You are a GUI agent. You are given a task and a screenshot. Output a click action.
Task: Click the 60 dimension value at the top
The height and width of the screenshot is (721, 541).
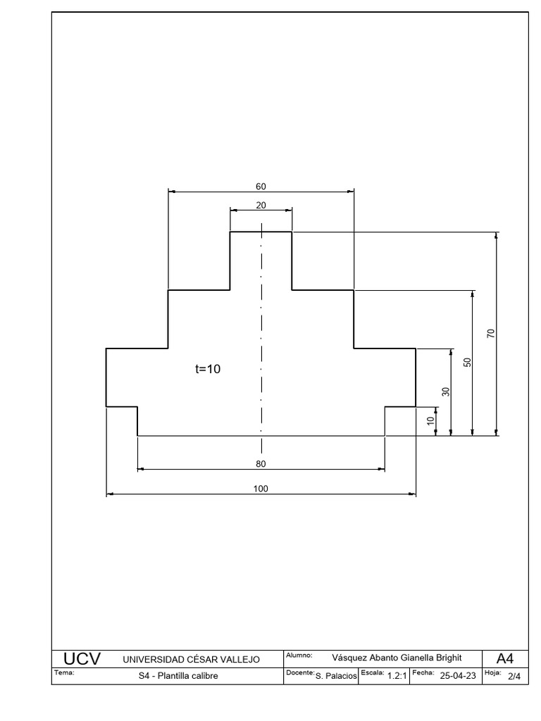261,187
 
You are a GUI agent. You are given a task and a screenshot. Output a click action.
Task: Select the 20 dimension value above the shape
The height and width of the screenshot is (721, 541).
261,205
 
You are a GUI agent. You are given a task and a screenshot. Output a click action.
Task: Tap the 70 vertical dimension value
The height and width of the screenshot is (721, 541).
492,333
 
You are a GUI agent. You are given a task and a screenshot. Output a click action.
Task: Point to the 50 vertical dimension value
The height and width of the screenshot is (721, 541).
467,363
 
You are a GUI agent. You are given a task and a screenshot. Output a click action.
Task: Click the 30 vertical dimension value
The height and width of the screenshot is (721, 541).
445,391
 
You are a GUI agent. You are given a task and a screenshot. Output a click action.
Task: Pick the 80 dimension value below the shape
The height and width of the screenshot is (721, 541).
261,464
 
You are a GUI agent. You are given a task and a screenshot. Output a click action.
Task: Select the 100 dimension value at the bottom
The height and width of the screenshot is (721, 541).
261,489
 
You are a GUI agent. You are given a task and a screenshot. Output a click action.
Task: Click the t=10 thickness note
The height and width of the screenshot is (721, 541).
208,368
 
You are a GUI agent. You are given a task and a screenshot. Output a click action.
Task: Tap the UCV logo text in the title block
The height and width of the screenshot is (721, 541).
82,659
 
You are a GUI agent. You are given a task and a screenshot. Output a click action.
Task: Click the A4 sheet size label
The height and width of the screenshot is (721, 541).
505,659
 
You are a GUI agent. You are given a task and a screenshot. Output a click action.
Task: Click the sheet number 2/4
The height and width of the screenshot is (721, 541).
514,677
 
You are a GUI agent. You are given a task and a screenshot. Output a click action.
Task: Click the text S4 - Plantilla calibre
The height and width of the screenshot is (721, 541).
179,676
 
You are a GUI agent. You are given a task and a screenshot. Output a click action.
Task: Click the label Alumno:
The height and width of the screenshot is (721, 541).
299,656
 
